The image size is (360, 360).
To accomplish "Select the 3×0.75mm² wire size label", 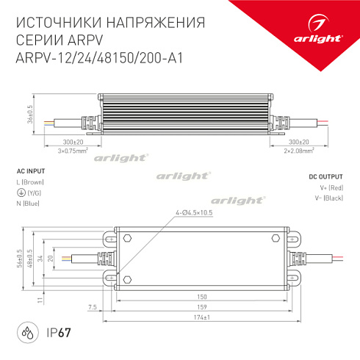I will coord(73,150).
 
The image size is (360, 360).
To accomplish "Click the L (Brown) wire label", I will coord(30,181).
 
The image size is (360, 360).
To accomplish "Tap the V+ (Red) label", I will coord(329,189).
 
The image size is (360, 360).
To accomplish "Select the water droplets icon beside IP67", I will coord(28,332).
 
